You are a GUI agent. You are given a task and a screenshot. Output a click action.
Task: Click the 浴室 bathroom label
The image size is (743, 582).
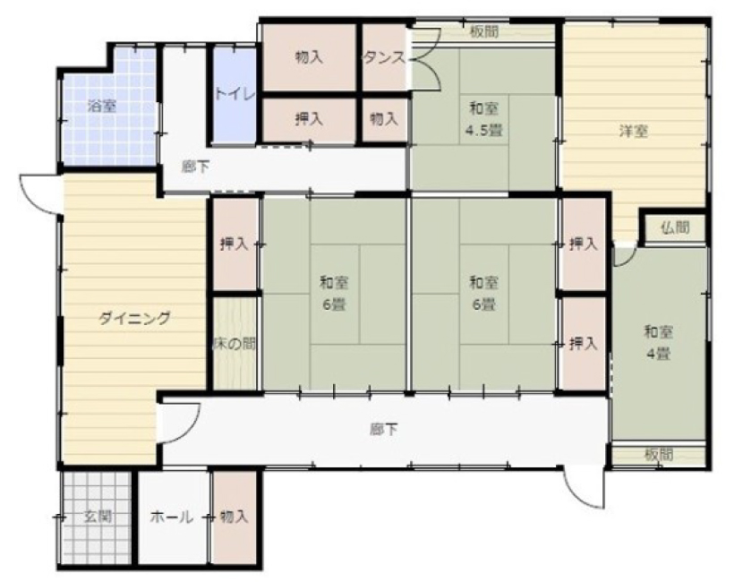[101, 106]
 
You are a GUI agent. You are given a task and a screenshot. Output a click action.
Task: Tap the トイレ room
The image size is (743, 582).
[235, 94]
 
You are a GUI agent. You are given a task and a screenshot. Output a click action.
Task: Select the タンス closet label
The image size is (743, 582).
[384, 58]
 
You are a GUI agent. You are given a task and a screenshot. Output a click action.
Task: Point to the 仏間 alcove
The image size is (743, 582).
[675, 228]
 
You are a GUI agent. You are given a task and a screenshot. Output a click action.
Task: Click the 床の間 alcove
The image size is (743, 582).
[235, 344]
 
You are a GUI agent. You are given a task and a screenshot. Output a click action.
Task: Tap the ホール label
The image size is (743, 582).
[172, 517]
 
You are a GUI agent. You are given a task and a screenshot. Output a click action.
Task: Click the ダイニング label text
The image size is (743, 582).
[134, 318]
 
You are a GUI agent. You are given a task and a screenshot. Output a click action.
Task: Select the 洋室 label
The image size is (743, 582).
[633, 132]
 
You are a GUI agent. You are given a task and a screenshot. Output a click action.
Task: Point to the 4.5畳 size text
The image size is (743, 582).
[483, 130]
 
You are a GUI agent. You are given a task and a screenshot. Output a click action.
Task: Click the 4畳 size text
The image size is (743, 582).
[658, 354]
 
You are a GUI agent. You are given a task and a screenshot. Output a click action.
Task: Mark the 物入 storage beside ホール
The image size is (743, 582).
[235, 517]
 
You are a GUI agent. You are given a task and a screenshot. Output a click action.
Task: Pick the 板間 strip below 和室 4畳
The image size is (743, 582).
[659, 455]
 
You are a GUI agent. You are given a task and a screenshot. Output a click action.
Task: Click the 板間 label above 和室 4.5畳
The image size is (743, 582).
[484, 31]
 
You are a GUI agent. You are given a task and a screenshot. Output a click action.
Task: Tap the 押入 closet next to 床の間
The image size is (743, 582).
[235, 244]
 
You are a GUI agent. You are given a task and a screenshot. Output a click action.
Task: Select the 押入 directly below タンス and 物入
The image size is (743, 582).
[309, 119]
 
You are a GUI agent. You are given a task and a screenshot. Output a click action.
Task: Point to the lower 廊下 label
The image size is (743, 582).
[383, 430]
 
